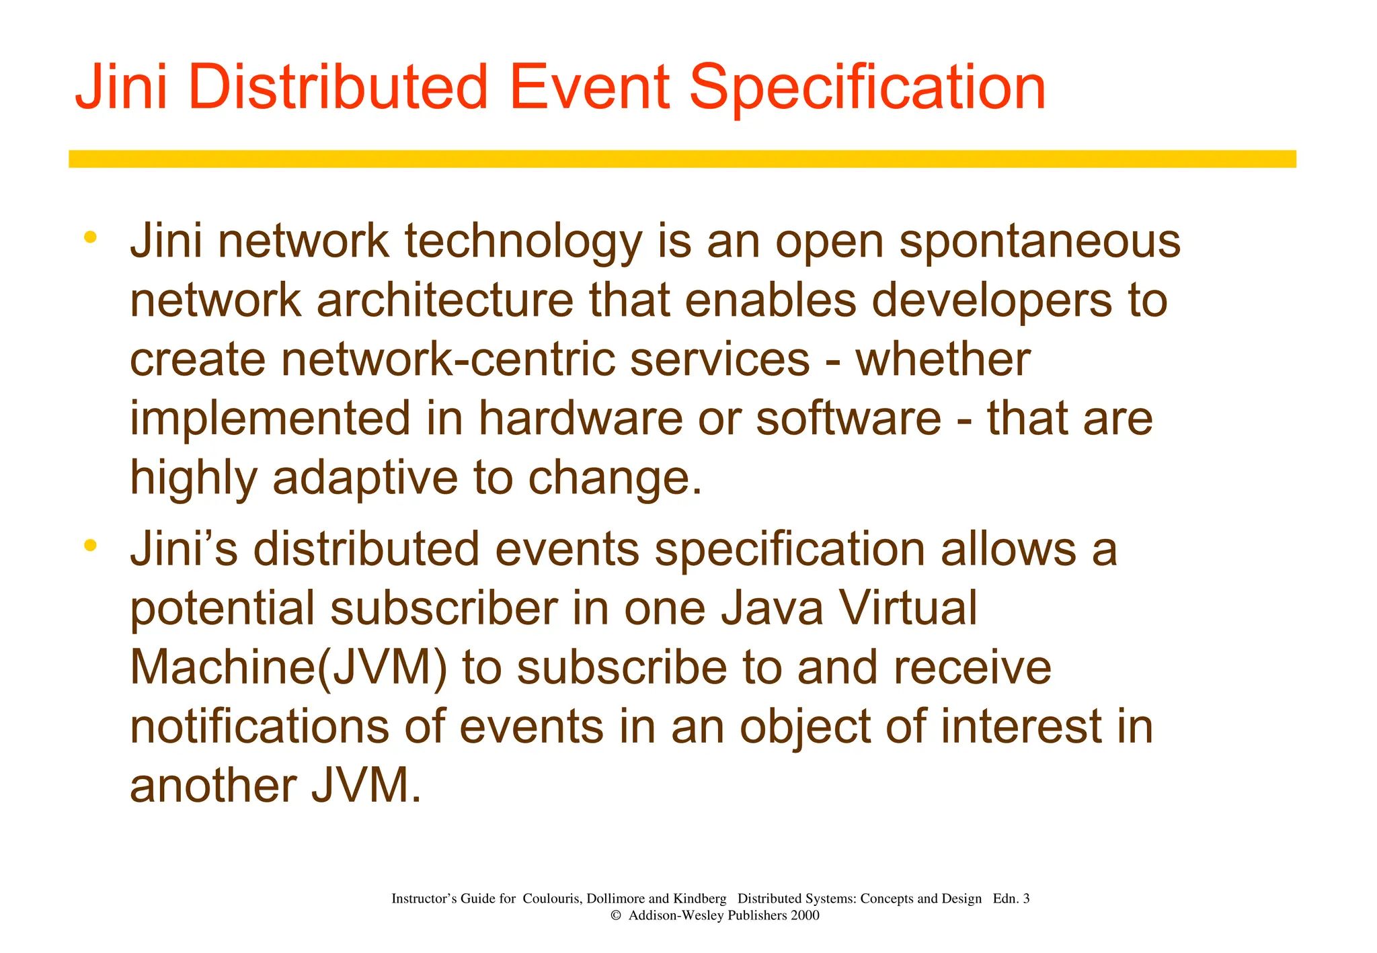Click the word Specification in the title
click(x=867, y=88)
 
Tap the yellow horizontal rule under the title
click(x=682, y=159)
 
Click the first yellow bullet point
click(x=90, y=237)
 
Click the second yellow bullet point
click(x=90, y=545)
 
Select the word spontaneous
click(x=1039, y=242)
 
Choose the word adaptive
click(x=365, y=478)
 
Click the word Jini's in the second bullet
click(x=184, y=549)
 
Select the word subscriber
click(x=444, y=609)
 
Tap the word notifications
click(x=259, y=727)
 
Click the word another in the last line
click(x=212, y=786)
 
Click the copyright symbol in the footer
click(x=615, y=915)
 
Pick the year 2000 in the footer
click(x=805, y=915)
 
